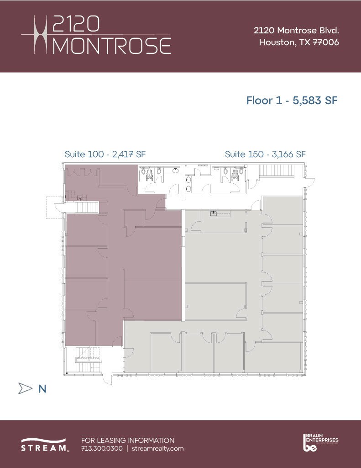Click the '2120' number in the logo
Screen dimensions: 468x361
click(x=76, y=24)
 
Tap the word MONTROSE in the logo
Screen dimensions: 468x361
click(x=112, y=46)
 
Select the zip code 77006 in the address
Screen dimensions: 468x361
click(x=326, y=43)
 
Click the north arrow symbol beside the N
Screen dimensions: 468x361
click(x=25, y=388)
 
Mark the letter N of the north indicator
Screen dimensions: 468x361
click(x=42, y=388)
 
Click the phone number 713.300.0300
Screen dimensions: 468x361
click(x=102, y=448)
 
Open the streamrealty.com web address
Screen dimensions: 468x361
click(x=157, y=448)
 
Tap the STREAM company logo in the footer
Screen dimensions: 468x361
click(x=45, y=445)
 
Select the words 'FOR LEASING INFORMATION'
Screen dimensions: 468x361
click(x=127, y=440)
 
